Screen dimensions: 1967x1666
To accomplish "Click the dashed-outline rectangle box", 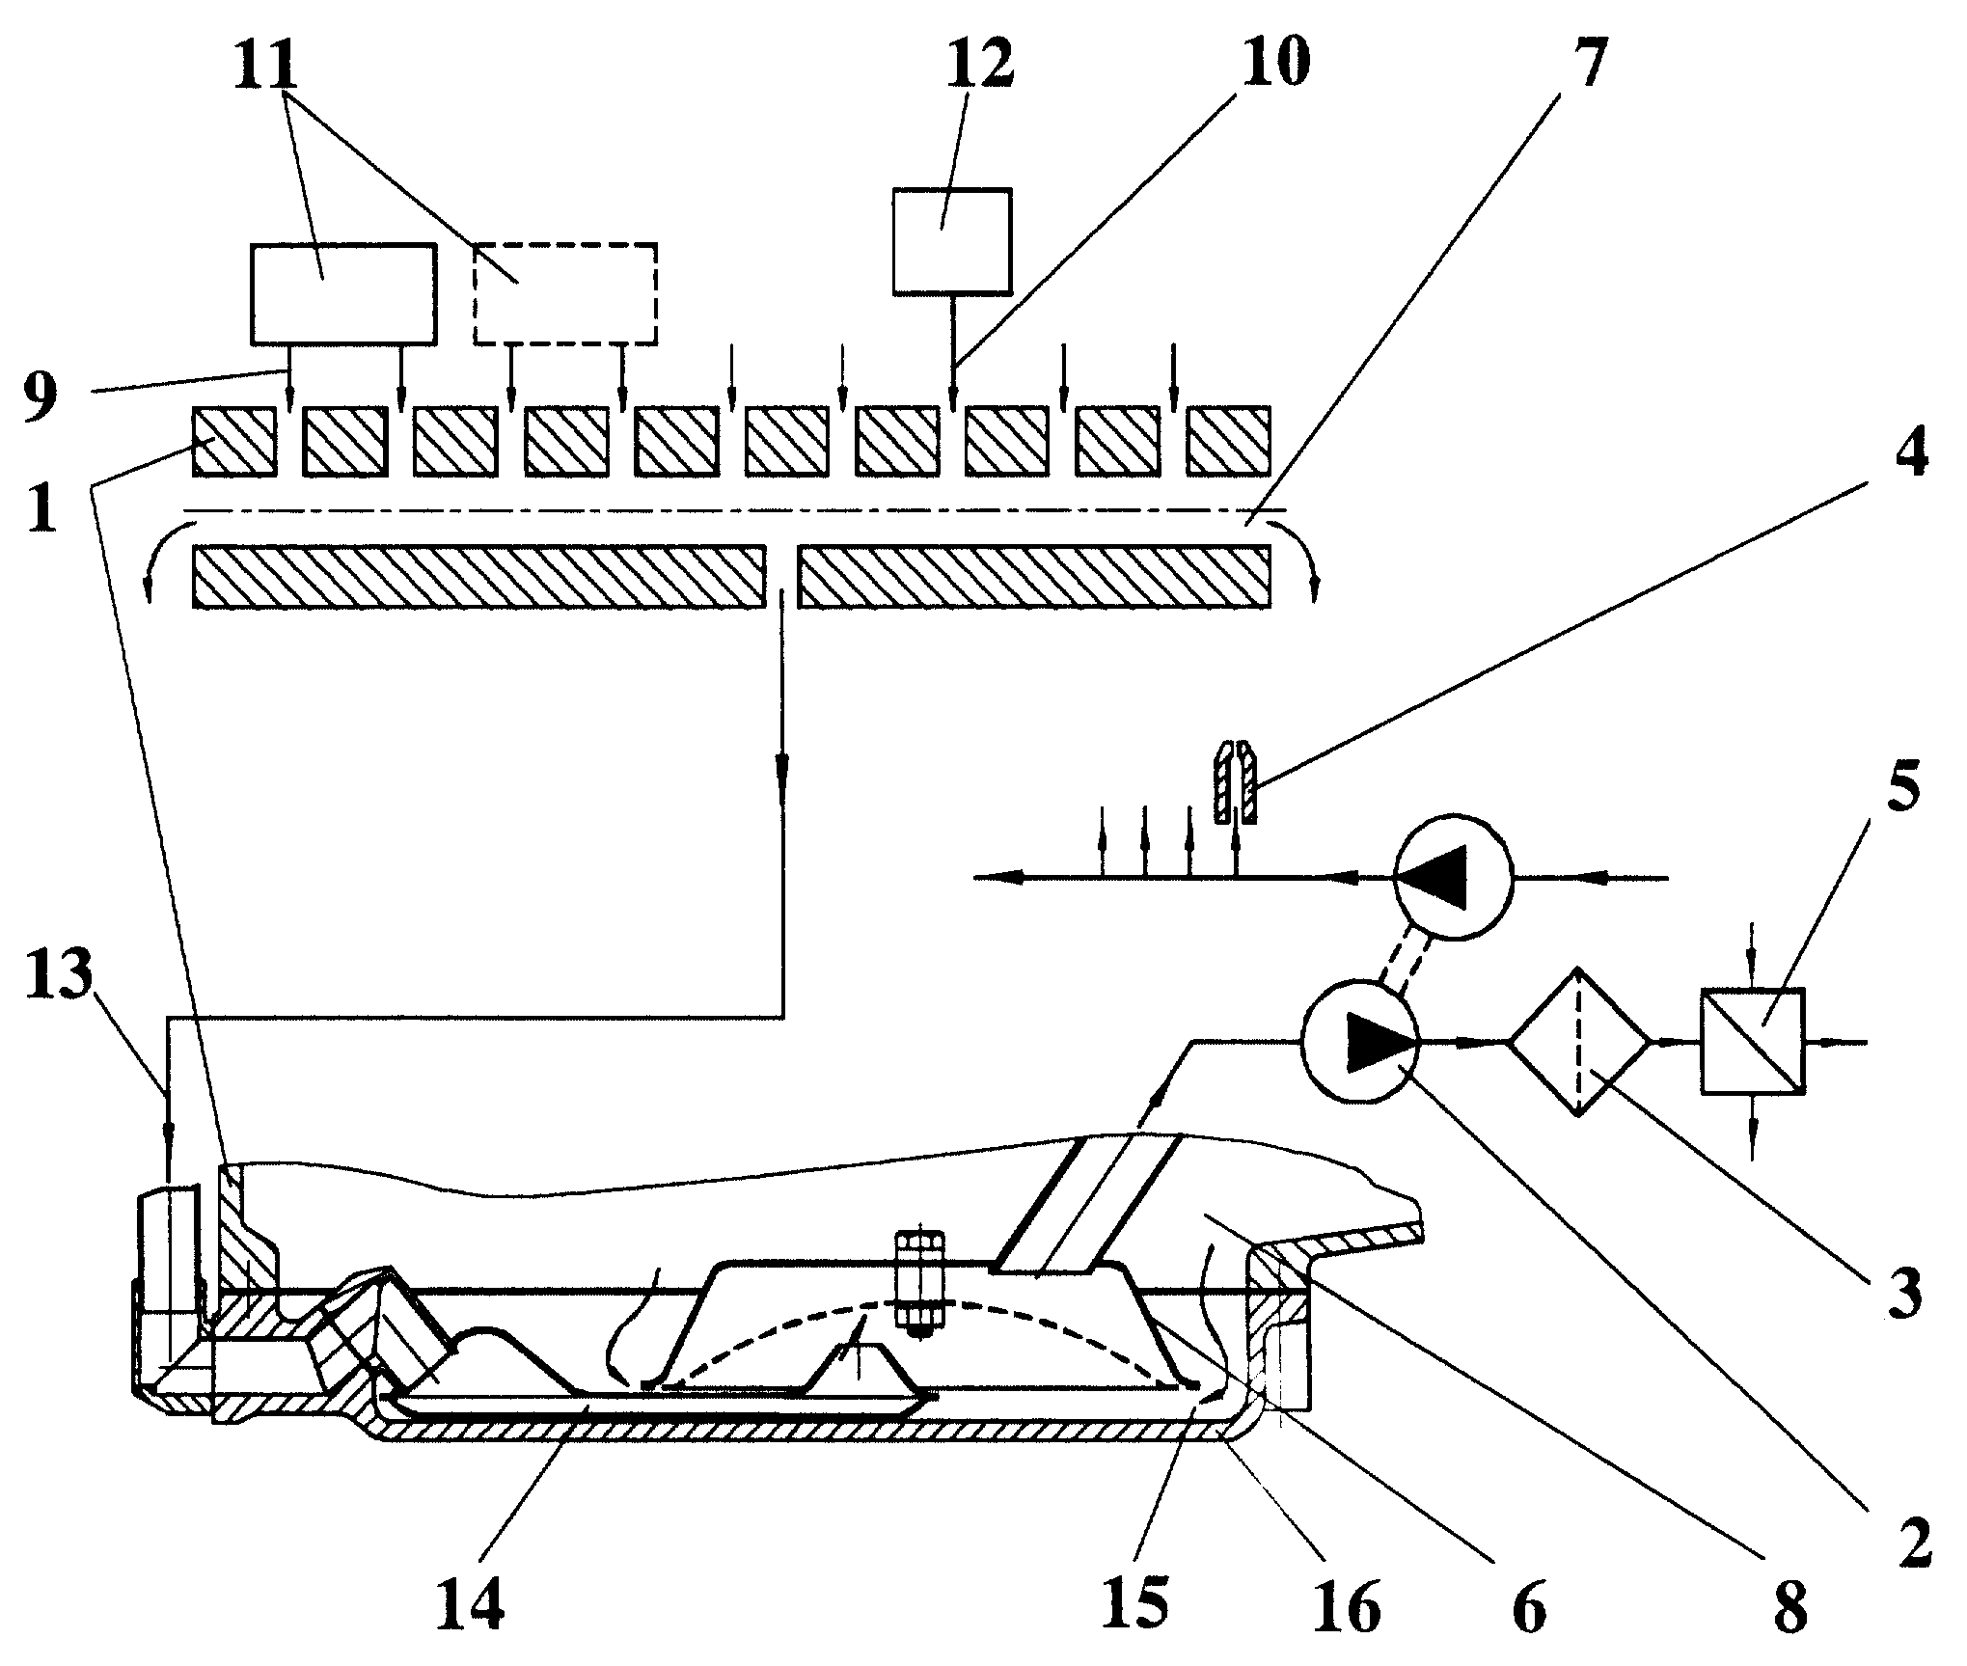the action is click(565, 293).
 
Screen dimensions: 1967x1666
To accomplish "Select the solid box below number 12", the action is click(952, 240).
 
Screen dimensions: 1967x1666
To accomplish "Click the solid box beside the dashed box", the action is click(342, 293).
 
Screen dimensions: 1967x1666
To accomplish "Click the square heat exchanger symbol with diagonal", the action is click(1753, 1042).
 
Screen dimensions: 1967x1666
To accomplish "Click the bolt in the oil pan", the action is click(918, 1280).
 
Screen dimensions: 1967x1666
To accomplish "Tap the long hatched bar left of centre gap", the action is click(479, 577).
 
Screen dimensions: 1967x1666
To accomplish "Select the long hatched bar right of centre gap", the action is click(1033, 577).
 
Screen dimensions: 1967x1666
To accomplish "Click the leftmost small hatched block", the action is click(234, 442).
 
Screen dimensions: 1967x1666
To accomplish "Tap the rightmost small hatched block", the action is click(1228, 442).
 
